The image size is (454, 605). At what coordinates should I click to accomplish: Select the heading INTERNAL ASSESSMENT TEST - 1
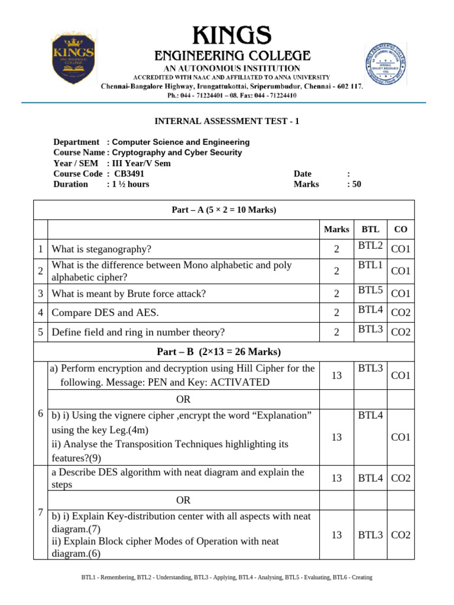point(227,121)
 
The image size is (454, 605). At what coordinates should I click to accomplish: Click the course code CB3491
point(129,174)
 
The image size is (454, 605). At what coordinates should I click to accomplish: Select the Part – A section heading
point(223,210)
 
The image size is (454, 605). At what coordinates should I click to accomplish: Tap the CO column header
point(400,229)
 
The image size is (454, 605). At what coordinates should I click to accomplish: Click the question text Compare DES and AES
point(105,312)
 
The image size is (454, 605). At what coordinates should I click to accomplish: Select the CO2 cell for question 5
point(400,333)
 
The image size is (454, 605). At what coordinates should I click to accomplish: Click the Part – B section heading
point(219,352)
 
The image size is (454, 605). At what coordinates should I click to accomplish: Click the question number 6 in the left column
point(40,413)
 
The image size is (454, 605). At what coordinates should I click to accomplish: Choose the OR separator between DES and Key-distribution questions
point(183,500)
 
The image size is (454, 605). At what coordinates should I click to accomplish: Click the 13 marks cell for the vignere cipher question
point(336,437)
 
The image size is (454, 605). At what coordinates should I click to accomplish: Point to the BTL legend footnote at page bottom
point(227,577)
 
